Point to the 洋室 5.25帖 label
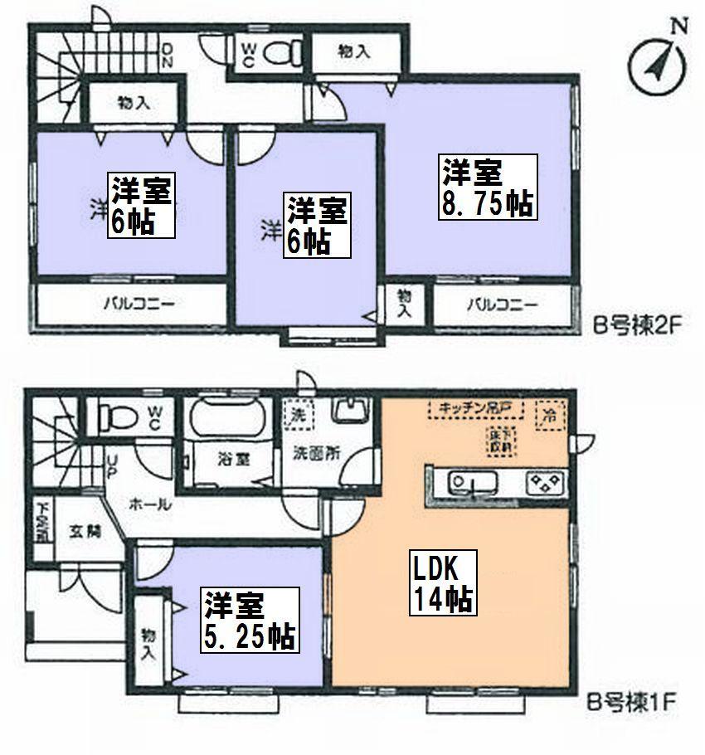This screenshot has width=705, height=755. tap(247, 621)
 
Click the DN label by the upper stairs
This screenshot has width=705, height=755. tap(168, 54)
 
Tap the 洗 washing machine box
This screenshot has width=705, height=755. tap(297, 414)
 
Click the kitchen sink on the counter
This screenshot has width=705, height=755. tap(470, 482)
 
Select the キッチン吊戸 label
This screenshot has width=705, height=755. tap(477, 407)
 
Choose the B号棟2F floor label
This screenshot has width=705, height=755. tap(632, 325)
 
